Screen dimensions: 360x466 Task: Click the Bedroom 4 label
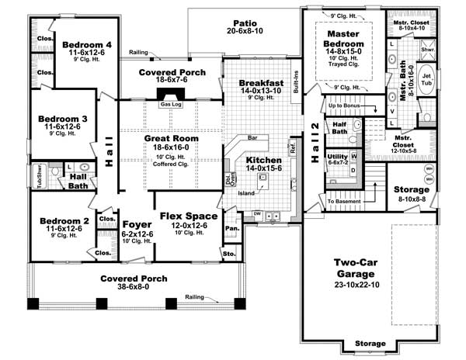(88, 43)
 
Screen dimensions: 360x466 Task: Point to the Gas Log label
(170, 103)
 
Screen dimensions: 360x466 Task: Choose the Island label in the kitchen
(248, 192)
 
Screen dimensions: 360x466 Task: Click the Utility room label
(338, 156)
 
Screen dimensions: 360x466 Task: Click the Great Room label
(171, 139)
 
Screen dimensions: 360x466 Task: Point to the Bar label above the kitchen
(253, 137)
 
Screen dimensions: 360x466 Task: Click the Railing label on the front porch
(196, 296)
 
